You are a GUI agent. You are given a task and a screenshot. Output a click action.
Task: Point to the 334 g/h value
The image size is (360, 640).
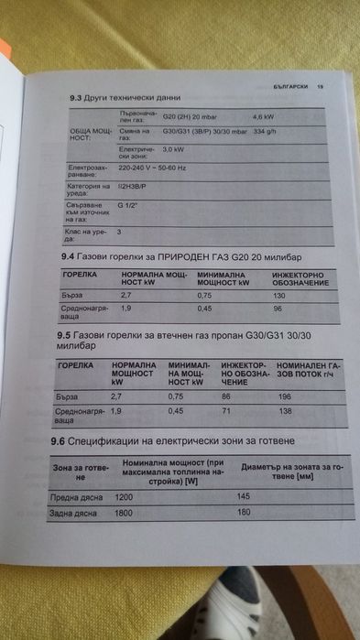pos(265,133)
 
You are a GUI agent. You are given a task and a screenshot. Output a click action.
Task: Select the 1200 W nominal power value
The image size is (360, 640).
pos(124,495)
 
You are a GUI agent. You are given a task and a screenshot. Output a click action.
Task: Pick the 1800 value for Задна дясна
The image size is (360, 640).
pos(124,513)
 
